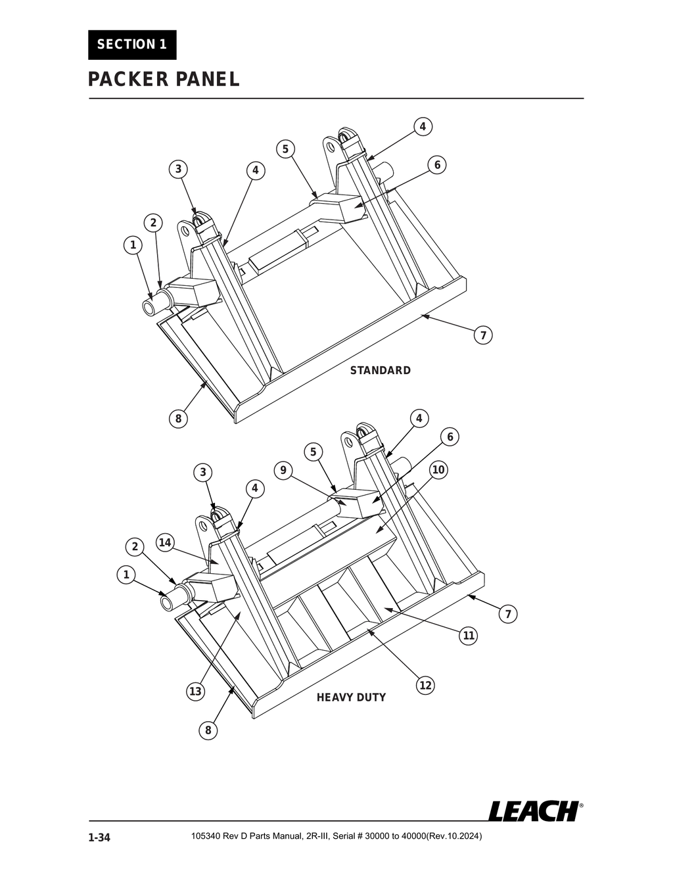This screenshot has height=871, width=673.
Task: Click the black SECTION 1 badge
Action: (132, 45)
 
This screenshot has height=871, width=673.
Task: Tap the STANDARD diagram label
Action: (380, 370)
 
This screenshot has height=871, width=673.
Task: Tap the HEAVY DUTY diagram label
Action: (351, 697)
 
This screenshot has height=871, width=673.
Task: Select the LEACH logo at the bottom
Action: (534, 811)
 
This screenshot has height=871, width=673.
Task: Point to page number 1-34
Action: (99, 837)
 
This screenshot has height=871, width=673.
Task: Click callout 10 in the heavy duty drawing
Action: (438, 470)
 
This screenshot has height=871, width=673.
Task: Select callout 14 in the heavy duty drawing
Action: (165, 542)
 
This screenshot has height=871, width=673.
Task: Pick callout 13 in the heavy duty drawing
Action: (195, 691)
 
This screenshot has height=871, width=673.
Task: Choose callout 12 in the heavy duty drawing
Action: (425, 686)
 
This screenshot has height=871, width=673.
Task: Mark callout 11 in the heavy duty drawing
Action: (469, 636)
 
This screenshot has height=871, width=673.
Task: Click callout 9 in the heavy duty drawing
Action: (283, 470)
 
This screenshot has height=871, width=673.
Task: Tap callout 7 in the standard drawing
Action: (483, 335)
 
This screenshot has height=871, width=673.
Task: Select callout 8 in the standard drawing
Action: (177, 418)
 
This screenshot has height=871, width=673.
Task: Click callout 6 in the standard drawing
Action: (437, 164)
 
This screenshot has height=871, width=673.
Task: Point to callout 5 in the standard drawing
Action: (285, 149)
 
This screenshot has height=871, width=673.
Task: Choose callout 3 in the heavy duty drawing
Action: (203, 472)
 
